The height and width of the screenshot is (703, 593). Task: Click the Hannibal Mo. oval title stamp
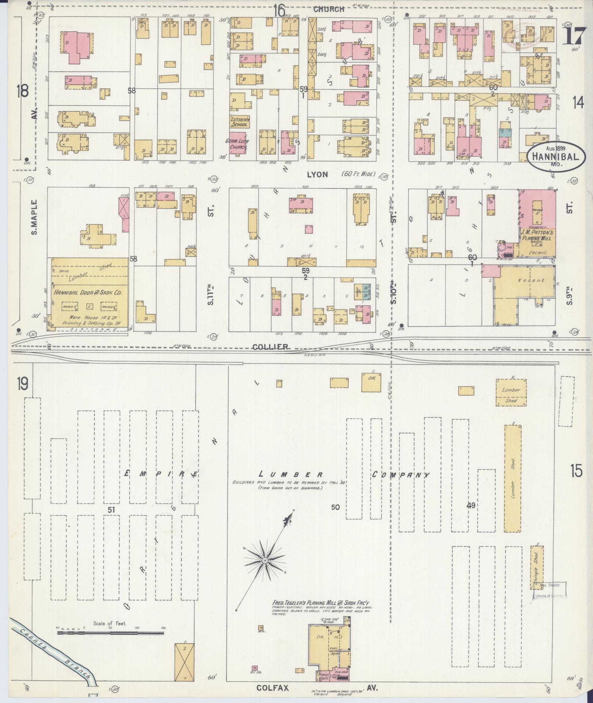point(553,157)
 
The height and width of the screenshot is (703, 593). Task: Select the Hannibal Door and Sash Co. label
point(90,293)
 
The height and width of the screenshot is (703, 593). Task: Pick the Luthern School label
point(240,122)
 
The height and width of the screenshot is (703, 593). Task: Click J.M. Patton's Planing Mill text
point(537,235)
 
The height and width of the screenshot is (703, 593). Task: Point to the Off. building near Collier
point(371,383)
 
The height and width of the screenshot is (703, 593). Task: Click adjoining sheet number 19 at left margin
point(22,385)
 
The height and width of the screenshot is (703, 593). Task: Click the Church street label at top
point(329,9)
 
